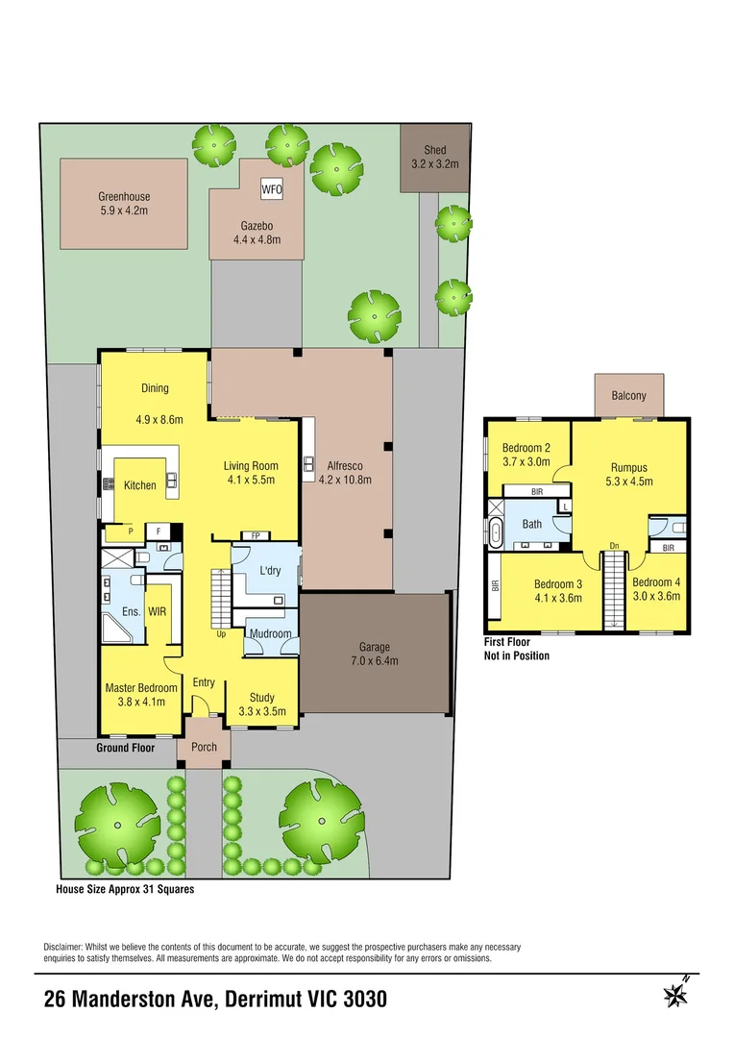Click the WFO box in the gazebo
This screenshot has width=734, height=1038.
(x=272, y=189)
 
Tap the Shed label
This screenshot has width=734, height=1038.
(x=435, y=150)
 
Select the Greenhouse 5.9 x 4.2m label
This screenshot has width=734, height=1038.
(x=124, y=203)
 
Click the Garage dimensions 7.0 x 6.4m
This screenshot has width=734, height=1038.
(x=375, y=660)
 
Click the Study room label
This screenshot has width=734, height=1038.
(x=261, y=698)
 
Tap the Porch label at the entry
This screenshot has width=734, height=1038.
(x=205, y=747)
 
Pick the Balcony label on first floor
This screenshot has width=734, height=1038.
(x=629, y=395)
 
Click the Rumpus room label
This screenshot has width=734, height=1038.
(x=629, y=468)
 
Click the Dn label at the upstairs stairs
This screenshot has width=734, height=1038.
(x=612, y=546)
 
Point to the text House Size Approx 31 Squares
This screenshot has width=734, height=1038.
(x=125, y=889)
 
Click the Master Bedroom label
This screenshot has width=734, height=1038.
(x=141, y=688)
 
